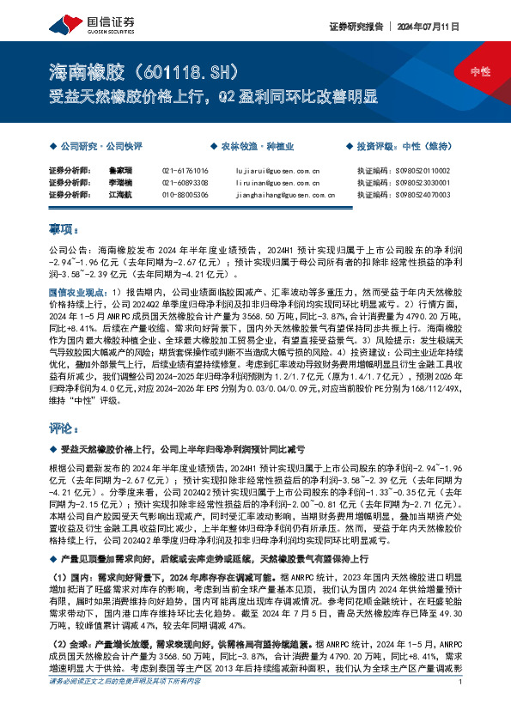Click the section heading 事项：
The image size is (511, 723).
coord(64,229)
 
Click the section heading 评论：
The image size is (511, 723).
coord(64,427)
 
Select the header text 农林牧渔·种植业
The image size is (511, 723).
coord(235,146)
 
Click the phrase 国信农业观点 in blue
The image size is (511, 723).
coord(78,292)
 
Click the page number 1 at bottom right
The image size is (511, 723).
coord(461,707)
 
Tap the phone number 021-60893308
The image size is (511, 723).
coord(185,183)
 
